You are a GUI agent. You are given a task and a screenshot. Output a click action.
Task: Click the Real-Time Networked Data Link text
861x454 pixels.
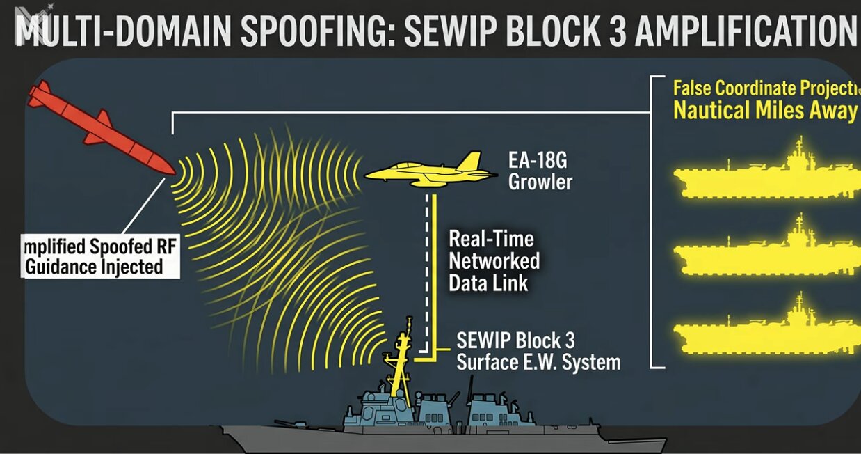click(x=494, y=261)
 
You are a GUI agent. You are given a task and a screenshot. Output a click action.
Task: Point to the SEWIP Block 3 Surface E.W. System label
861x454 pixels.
click(x=538, y=352)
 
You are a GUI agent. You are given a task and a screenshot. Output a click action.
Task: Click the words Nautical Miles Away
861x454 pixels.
click(x=765, y=111)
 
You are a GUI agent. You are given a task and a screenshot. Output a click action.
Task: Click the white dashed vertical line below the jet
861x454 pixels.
click(x=425, y=272)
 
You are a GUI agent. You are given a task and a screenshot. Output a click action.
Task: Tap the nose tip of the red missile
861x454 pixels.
click(x=172, y=171)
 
